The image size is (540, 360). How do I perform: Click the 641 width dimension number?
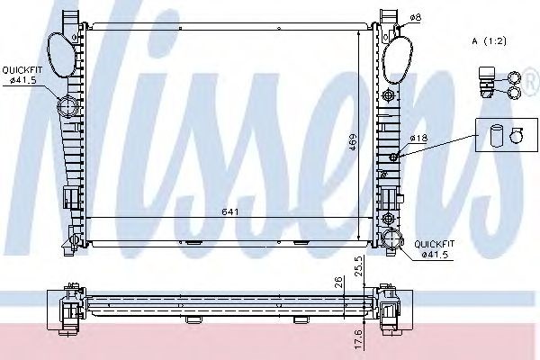pyautogui.click(x=230, y=211)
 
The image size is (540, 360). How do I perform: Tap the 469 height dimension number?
pyautogui.click(x=353, y=141)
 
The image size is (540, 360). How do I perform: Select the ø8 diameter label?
pyautogui.click(x=416, y=17)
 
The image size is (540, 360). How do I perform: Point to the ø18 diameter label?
pyautogui.click(x=418, y=138)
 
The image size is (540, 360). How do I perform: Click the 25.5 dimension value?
pyautogui.click(x=358, y=265)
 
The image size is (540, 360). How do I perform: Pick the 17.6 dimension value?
pyautogui.click(x=358, y=339)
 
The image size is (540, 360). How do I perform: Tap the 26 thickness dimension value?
pyautogui.click(x=338, y=282)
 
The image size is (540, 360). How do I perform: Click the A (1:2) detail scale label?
pyautogui.click(x=489, y=41)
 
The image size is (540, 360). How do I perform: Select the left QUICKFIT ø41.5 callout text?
pyautogui.click(x=22, y=75)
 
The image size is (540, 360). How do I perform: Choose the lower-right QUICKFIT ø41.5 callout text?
pyautogui.click(x=435, y=249)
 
